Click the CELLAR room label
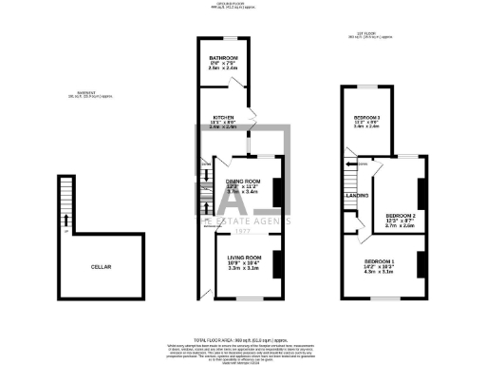(x=101, y=267)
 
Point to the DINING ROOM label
(x=244, y=182)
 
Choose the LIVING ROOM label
(x=245, y=257)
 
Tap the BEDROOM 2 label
(x=400, y=216)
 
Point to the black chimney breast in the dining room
(x=276, y=193)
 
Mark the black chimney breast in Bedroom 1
(x=420, y=267)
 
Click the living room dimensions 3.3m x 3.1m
(x=245, y=269)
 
